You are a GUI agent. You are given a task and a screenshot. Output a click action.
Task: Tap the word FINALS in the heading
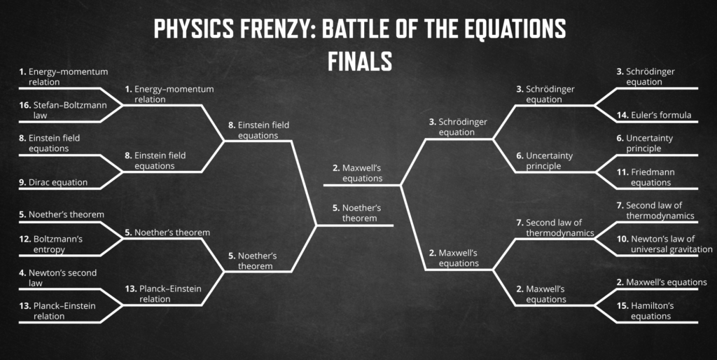(x=359, y=60)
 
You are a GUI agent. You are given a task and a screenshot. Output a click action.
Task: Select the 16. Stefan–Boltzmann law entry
(x=63, y=110)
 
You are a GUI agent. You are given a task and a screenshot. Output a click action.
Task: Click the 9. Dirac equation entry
(x=53, y=182)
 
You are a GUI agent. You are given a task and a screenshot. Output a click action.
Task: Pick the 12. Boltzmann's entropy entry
(x=50, y=244)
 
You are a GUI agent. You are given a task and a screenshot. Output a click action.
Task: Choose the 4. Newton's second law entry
(x=57, y=277)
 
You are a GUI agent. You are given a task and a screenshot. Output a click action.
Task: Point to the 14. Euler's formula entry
(x=654, y=116)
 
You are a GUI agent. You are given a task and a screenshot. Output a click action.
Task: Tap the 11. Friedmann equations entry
(x=645, y=177)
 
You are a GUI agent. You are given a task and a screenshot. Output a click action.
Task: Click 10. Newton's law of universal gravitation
(x=664, y=244)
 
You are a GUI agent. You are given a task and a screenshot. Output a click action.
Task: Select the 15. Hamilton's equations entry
(x=645, y=310)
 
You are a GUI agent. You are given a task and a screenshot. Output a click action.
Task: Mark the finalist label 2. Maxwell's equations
(x=357, y=173)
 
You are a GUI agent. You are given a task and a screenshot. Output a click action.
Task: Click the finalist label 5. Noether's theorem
(x=356, y=213)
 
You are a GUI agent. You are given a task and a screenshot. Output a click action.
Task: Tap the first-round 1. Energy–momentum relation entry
(x=64, y=76)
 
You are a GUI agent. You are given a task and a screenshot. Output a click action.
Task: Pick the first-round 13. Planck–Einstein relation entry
(x=57, y=310)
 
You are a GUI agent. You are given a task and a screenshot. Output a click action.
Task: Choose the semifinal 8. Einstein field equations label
(x=259, y=130)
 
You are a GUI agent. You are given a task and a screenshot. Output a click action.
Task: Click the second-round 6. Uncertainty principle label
(x=544, y=160)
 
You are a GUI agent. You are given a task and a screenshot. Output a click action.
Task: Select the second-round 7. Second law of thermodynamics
(x=555, y=228)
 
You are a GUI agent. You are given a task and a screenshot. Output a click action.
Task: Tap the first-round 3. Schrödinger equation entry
(x=646, y=76)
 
